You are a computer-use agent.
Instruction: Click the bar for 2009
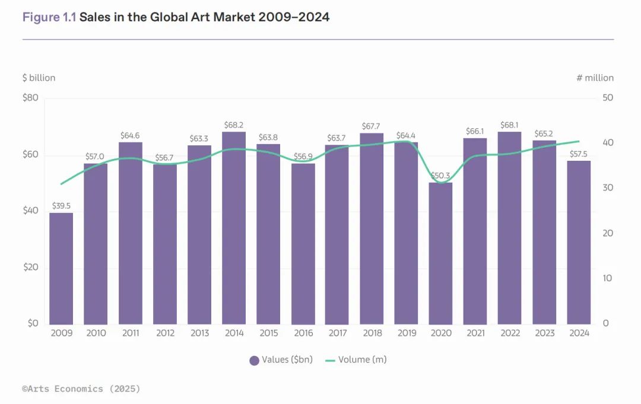point(61,268)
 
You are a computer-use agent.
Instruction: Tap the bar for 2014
point(234,228)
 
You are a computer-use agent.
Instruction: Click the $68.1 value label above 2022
point(509,125)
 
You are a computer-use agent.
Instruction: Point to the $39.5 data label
point(61,206)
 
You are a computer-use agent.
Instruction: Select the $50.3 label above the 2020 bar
point(440,176)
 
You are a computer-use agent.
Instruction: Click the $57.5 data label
point(579,154)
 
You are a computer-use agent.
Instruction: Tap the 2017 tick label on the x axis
point(337,333)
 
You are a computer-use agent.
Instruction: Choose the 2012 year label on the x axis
point(165,333)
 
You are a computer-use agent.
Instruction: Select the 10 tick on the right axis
point(607,278)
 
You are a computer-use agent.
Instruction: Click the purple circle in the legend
point(254,360)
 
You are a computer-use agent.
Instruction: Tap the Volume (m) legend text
point(362,360)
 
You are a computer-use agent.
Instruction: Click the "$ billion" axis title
point(39,78)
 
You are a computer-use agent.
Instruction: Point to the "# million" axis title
point(595,78)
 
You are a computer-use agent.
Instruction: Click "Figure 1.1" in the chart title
point(49,17)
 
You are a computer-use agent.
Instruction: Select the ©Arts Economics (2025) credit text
point(81,389)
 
